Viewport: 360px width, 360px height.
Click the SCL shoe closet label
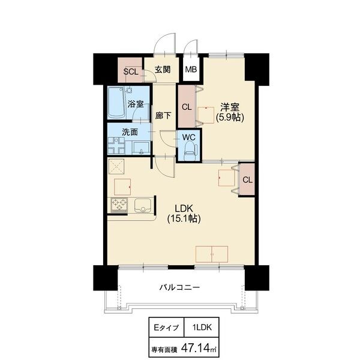click(131, 71)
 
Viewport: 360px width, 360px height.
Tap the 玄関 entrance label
click(163, 70)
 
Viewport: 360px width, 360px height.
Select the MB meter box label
click(191, 70)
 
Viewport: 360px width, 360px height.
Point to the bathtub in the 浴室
click(116, 103)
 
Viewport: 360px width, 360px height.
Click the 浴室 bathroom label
click(136, 104)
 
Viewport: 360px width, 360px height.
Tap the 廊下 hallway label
click(163, 116)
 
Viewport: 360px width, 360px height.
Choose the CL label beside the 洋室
click(187, 107)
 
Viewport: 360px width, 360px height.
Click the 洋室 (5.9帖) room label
click(230, 112)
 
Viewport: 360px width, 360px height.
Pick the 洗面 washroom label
click(130, 132)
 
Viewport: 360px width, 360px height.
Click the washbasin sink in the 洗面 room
click(141, 148)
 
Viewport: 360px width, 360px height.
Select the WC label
click(189, 137)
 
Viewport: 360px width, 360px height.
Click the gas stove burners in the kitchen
click(119, 205)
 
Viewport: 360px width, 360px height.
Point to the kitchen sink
click(143, 205)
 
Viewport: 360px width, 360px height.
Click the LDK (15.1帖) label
click(184, 214)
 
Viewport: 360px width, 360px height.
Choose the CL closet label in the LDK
click(247, 180)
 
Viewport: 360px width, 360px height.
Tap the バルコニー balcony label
click(179, 287)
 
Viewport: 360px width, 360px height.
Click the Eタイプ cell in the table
click(166, 328)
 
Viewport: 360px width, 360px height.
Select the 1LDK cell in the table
click(202, 328)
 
